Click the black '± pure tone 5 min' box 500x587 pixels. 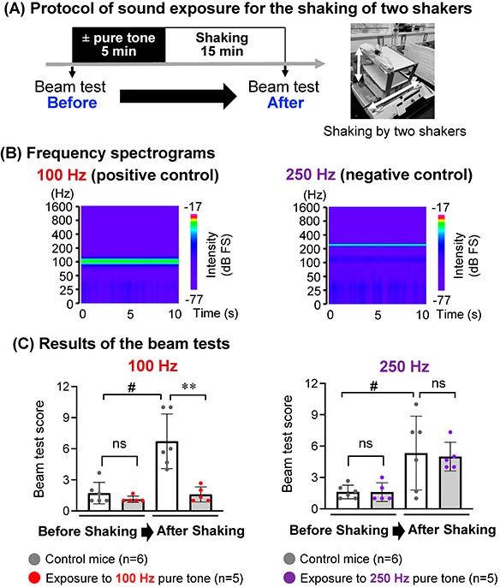[118, 44]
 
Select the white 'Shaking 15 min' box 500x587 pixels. [225, 44]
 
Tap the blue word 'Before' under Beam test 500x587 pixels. [72, 103]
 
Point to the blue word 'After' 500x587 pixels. [285, 103]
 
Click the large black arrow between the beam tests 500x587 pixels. [178, 96]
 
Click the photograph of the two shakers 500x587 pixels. [392, 71]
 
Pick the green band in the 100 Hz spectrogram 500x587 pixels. [130, 261]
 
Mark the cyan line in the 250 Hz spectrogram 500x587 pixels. [378, 245]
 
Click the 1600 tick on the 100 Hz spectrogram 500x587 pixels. [59, 207]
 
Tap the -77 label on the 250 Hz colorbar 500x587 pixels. [442, 299]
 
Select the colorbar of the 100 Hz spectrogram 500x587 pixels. [193, 252]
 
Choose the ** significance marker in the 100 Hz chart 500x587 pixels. [188, 387]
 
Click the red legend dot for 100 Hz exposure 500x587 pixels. [34, 578]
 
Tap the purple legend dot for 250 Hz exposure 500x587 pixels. [289, 578]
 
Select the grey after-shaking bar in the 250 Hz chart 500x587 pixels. [450, 483]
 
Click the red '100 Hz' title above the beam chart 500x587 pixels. [152, 365]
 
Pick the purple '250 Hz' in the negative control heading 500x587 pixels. [311, 175]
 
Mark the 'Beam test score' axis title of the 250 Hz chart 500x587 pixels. [288, 443]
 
